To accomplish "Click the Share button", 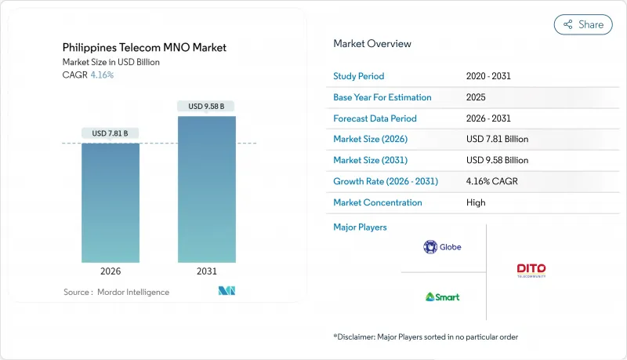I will click(583, 24).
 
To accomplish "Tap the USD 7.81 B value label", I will click(111, 133).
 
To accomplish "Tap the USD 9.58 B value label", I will click(207, 106).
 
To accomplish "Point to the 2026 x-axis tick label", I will click(111, 271).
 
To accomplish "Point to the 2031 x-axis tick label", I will click(207, 271).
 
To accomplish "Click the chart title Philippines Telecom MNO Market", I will click(144, 48).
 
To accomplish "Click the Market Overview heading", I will click(372, 43).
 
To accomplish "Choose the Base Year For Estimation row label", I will click(382, 97).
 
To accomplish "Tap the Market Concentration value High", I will click(476, 202).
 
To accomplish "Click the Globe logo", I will click(442, 247).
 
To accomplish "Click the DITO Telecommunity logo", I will click(531, 271).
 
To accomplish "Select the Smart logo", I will click(442, 296).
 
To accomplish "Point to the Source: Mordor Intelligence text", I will click(116, 292).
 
